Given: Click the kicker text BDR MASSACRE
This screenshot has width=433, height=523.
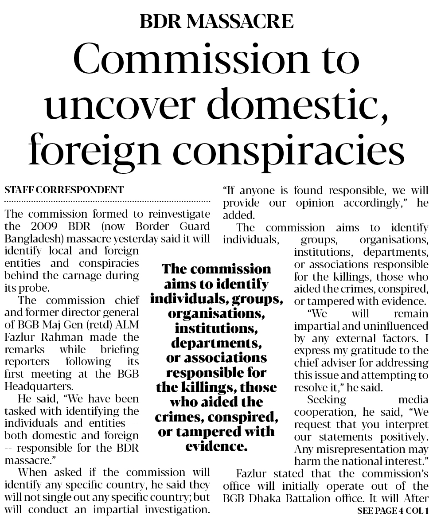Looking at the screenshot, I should (x=216, y=21).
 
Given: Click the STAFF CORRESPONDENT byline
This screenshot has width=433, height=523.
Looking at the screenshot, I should (x=64, y=190).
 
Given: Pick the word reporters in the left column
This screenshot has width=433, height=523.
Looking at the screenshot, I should (x=26, y=361).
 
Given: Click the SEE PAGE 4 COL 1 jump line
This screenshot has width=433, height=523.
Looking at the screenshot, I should (x=392, y=511).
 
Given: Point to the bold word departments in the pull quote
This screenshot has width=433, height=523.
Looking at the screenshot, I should (x=216, y=343).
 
